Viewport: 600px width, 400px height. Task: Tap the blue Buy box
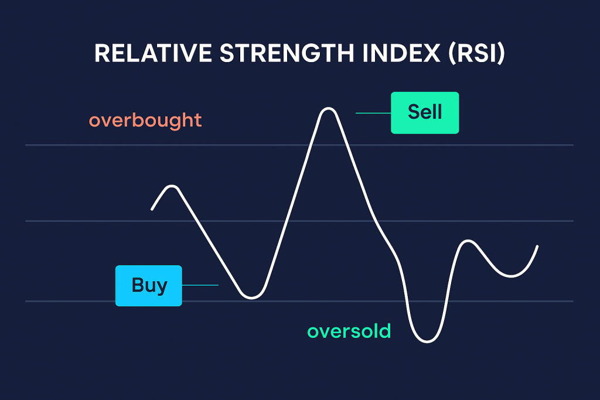[149, 286]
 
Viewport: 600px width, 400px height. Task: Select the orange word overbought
[145, 120]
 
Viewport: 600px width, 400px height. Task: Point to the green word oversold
[349, 331]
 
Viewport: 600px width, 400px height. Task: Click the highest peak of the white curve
[328, 108]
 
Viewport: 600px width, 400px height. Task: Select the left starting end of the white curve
[152, 209]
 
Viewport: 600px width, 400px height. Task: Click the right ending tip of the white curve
[537, 247]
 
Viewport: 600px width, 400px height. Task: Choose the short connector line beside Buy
[200, 285]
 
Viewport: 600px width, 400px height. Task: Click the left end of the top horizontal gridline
[26, 145]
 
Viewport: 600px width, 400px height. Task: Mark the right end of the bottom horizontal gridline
[572, 302]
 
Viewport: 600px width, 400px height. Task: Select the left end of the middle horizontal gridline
[26, 221]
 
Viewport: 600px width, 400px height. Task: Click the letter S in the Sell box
[413, 111]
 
